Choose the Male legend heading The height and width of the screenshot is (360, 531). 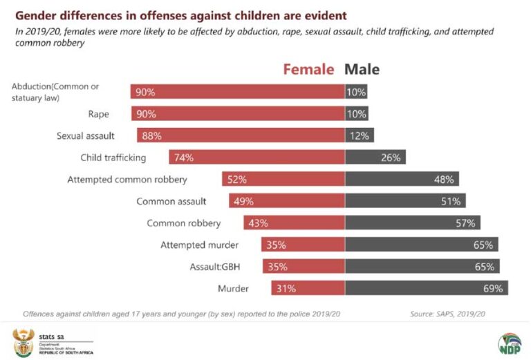pos(362,70)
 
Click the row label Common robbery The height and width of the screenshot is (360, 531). pos(184,223)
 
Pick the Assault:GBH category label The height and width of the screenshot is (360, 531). pos(214,267)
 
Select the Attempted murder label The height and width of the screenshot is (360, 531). pos(200,245)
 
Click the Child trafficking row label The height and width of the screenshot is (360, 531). pos(113,158)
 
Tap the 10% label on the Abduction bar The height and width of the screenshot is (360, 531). pos(357,92)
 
